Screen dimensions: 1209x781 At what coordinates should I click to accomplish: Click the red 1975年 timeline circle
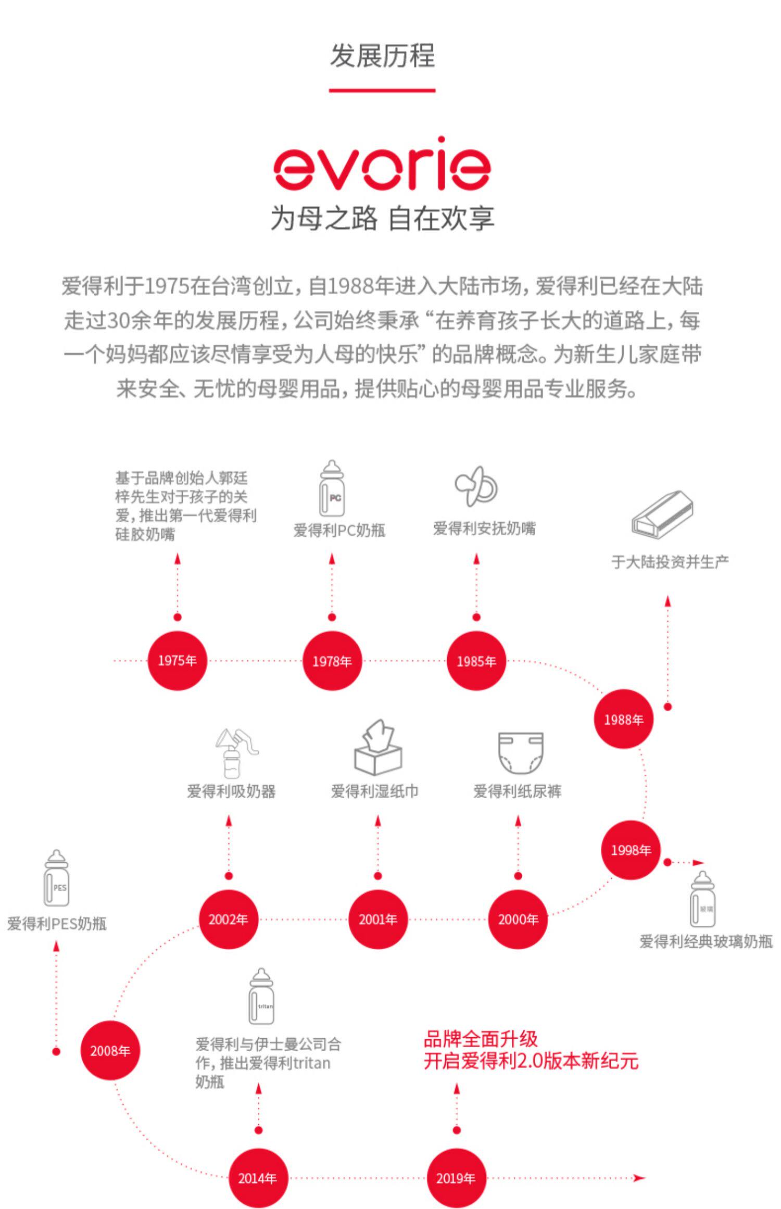[x=177, y=661]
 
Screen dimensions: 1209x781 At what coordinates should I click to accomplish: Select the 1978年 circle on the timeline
[x=332, y=661]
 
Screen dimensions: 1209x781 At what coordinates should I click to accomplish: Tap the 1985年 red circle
[x=476, y=661]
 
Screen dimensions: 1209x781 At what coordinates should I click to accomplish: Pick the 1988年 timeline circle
[x=623, y=720]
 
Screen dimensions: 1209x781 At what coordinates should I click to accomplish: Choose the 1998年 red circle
[x=631, y=850]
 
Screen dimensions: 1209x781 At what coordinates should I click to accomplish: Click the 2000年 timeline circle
[x=518, y=920]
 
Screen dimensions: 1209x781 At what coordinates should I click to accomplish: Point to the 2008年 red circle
[x=110, y=1051]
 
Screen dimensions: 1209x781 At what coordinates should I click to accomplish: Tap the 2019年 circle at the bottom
[x=456, y=1178]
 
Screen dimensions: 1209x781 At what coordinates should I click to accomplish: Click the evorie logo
[x=382, y=165]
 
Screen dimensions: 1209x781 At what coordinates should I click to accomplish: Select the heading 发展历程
[x=382, y=56]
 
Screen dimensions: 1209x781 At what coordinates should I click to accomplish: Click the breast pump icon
[x=235, y=753]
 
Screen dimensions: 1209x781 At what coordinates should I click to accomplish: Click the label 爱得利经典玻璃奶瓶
[x=706, y=941]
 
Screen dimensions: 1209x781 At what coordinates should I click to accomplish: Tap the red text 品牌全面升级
[x=480, y=1039]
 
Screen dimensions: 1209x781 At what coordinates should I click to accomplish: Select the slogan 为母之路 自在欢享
[x=382, y=218]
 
